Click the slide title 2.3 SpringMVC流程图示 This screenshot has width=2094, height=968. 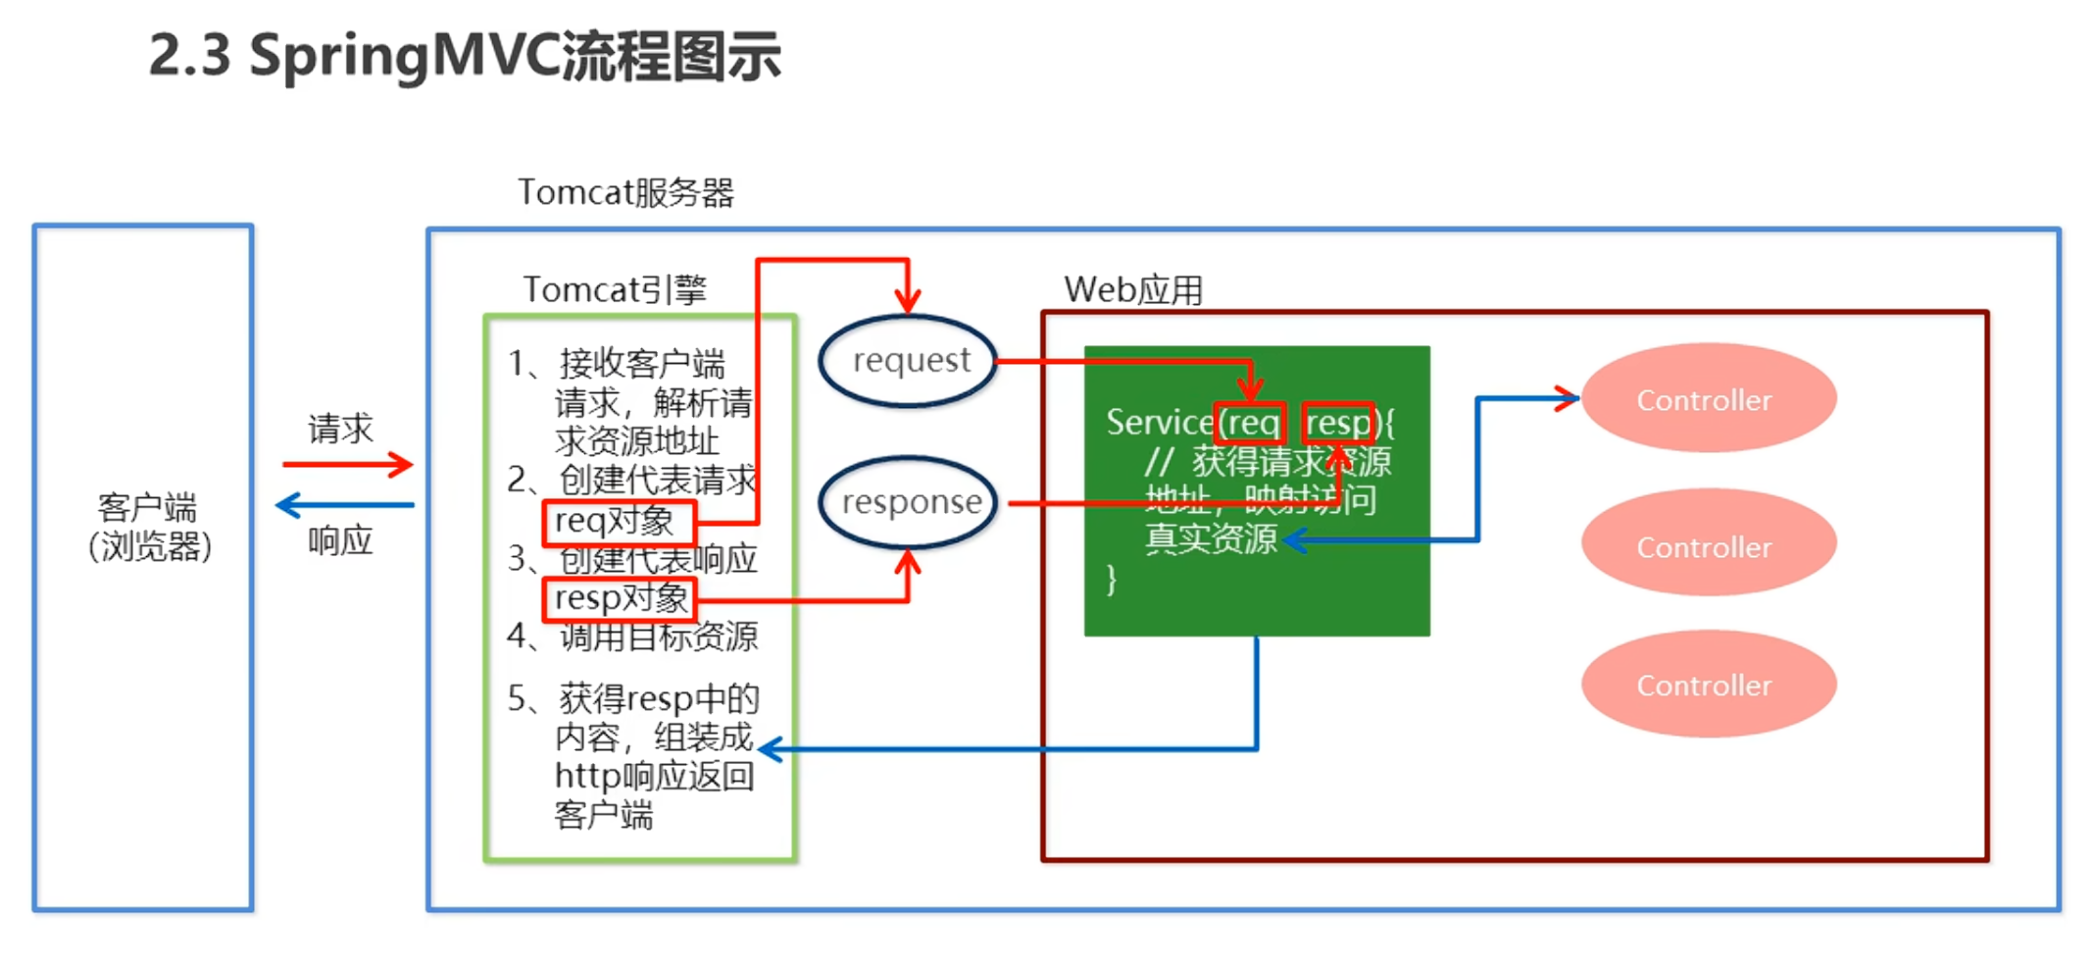(x=465, y=56)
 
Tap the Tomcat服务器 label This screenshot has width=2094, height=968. (x=625, y=192)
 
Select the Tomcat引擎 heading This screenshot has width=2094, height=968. (x=615, y=289)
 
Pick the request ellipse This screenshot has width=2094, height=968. (x=909, y=361)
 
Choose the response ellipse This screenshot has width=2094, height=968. (x=909, y=502)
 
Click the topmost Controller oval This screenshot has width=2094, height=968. (x=1707, y=399)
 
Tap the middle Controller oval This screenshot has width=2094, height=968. (x=1707, y=546)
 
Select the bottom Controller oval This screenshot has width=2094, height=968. (x=1707, y=685)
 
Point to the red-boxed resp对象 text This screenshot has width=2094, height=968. (x=620, y=598)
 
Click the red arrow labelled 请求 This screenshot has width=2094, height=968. (x=347, y=465)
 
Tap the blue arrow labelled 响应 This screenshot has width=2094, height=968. (x=345, y=506)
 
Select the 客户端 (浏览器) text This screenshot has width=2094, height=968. (x=149, y=527)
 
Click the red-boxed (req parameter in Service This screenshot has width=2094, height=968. (x=1250, y=424)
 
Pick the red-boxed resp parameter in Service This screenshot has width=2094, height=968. (x=1338, y=424)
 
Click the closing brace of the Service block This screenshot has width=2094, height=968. (x=1111, y=580)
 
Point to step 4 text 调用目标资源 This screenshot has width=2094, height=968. (x=658, y=637)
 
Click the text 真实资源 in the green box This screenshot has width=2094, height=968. (x=1211, y=539)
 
